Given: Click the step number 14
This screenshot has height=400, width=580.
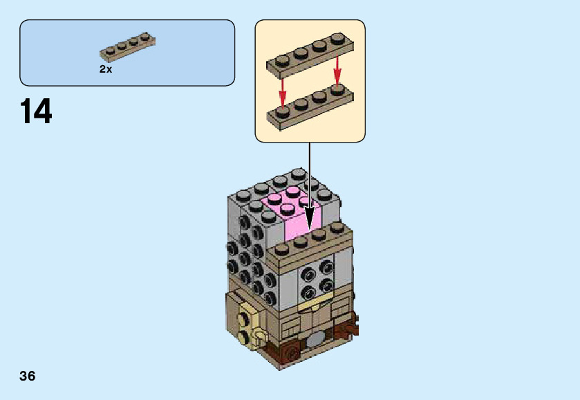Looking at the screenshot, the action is (x=36, y=111).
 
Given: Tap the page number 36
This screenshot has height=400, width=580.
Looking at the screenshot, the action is (x=28, y=376).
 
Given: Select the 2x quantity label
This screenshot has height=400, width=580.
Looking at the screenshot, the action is (x=106, y=69).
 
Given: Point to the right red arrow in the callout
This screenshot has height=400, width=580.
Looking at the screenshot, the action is (x=337, y=70).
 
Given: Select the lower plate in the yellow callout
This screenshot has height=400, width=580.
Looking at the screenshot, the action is (x=310, y=107).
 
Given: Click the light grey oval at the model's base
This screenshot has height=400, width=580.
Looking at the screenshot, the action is (x=315, y=339).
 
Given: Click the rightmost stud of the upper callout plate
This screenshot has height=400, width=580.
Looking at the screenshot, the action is (x=337, y=39).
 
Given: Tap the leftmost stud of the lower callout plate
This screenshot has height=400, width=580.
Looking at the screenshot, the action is (x=282, y=110).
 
